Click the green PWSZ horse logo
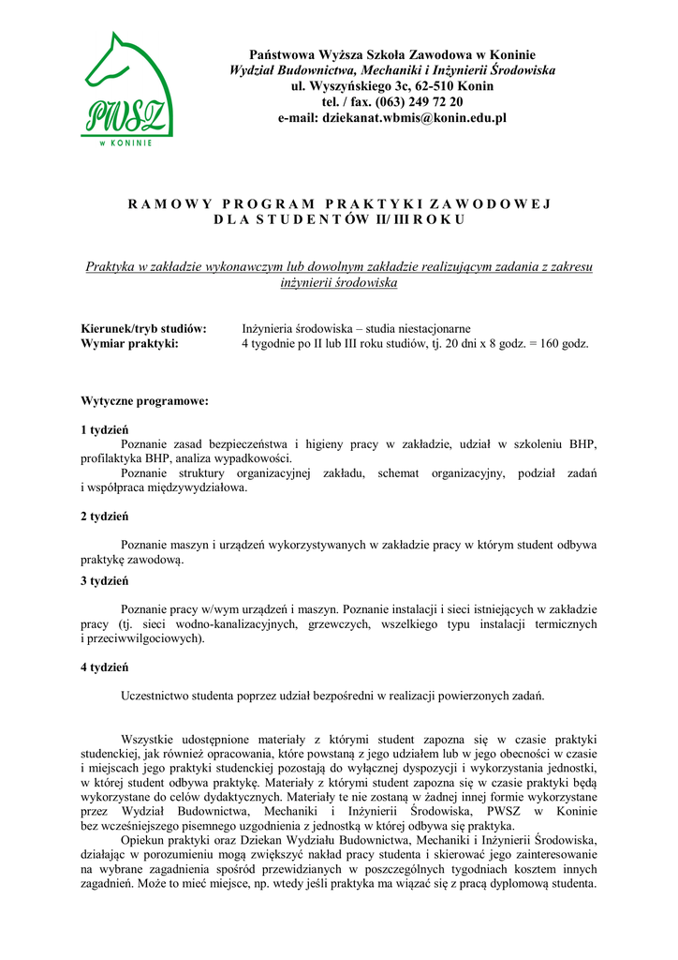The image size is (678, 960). (x=127, y=89)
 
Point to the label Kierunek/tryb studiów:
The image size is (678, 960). (x=143, y=329)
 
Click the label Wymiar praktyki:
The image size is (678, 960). (x=129, y=344)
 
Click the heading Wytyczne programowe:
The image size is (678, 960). (x=144, y=401)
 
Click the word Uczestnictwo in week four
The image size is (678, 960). (x=157, y=697)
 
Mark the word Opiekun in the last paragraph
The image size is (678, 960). (x=143, y=841)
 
